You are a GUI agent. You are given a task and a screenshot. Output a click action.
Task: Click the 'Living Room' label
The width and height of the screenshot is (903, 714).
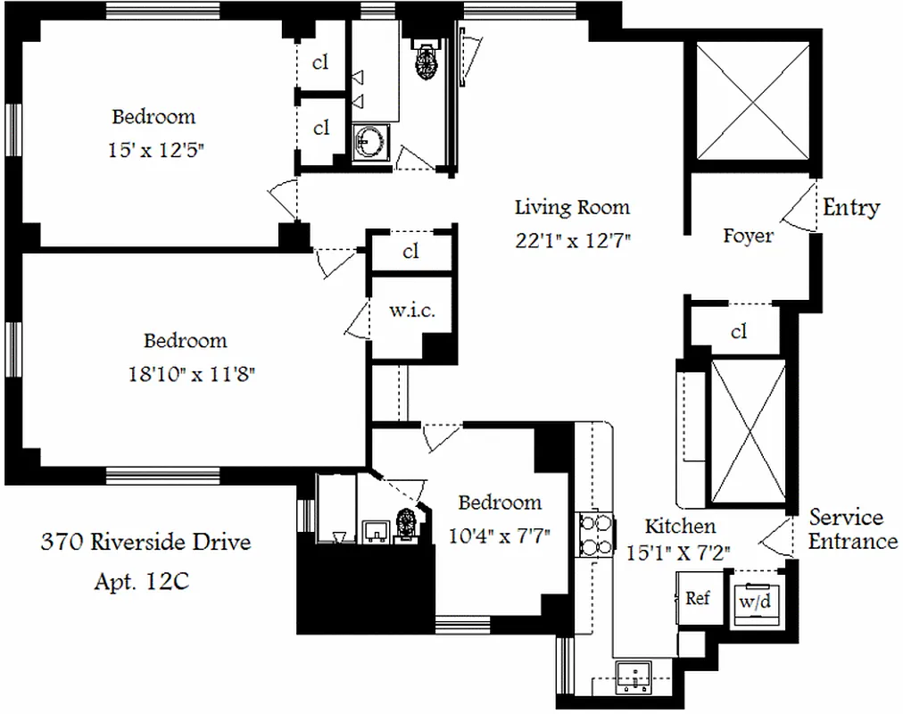[x=572, y=208]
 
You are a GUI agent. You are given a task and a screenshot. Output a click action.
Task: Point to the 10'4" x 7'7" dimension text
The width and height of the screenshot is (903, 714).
[x=499, y=535]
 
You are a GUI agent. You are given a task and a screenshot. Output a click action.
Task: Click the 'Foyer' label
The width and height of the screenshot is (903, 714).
[x=747, y=237]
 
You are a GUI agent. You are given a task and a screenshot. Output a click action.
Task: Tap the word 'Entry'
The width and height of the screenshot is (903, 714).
[x=850, y=208]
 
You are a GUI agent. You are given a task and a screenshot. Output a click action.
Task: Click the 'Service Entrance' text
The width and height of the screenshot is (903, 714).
[x=852, y=529]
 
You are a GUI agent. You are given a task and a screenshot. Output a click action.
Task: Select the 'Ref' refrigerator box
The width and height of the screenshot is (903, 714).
[x=697, y=599]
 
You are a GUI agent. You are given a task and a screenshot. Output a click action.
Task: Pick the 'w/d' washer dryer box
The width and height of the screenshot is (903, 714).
[x=753, y=602]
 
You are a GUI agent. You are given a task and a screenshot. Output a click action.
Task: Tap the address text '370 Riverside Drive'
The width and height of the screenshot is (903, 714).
[x=145, y=542]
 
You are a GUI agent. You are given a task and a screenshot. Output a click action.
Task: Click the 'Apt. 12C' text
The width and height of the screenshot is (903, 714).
[x=141, y=582]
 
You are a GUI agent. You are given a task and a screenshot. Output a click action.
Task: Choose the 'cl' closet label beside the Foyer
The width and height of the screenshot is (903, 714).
[x=738, y=332]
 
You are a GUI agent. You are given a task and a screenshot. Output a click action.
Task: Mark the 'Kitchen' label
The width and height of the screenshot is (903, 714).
[x=680, y=527]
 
